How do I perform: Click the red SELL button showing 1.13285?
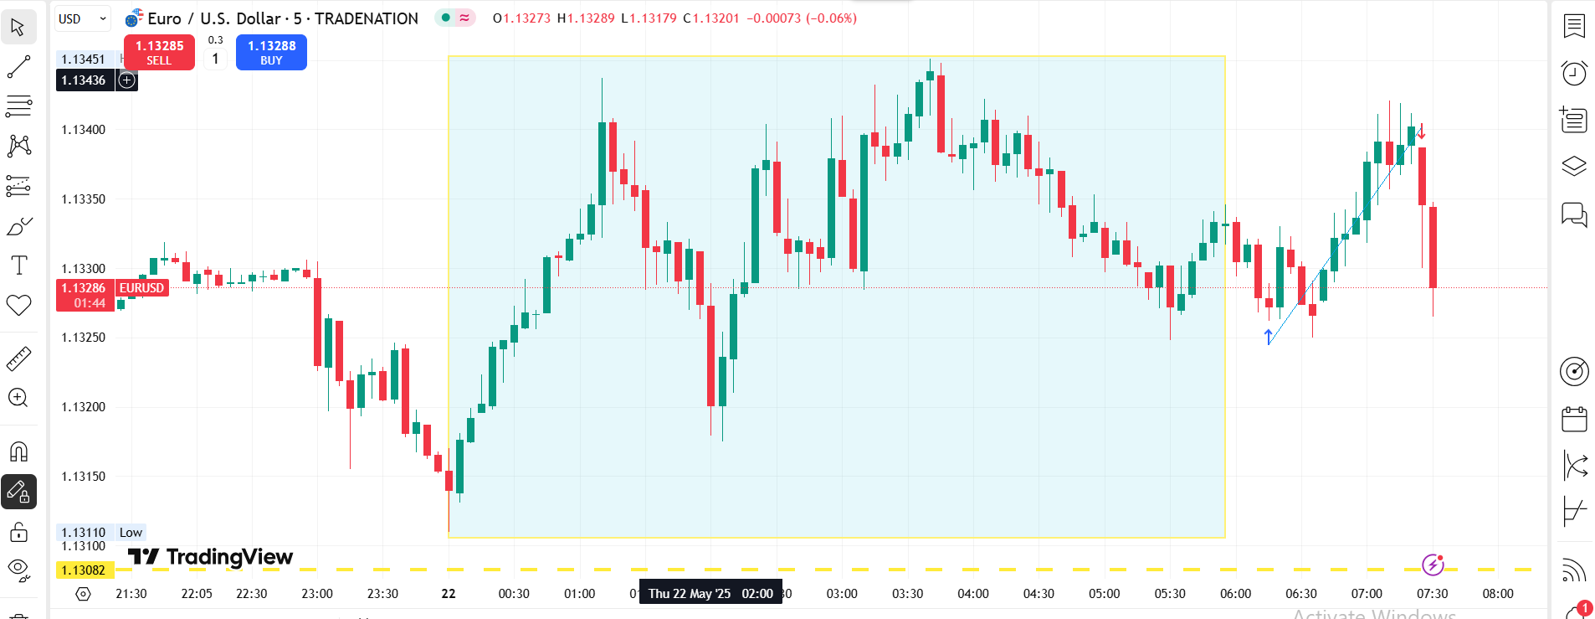click(x=159, y=52)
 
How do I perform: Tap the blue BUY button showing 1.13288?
click(x=271, y=52)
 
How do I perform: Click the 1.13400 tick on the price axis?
click(x=84, y=130)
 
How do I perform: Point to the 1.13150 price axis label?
click(x=84, y=477)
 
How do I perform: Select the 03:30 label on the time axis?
click(x=907, y=594)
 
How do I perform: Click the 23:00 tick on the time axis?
click(x=317, y=594)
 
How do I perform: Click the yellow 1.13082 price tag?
click(x=84, y=570)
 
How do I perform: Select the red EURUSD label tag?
click(x=141, y=288)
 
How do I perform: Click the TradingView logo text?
click(x=211, y=557)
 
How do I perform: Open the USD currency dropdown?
click(x=82, y=18)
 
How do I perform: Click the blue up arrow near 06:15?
click(x=1269, y=337)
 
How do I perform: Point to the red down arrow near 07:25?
click(x=1421, y=132)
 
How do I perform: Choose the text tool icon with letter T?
click(x=18, y=266)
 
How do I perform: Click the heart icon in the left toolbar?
click(x=18, y=305)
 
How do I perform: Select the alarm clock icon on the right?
click(x=1574, y=73)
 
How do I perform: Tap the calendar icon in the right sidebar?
click(x=1574, y=419)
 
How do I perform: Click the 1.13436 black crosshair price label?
click(x=84, y=80)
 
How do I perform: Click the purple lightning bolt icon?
click(x=1433, y=565)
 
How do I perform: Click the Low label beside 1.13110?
click(x=131, y=533)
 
